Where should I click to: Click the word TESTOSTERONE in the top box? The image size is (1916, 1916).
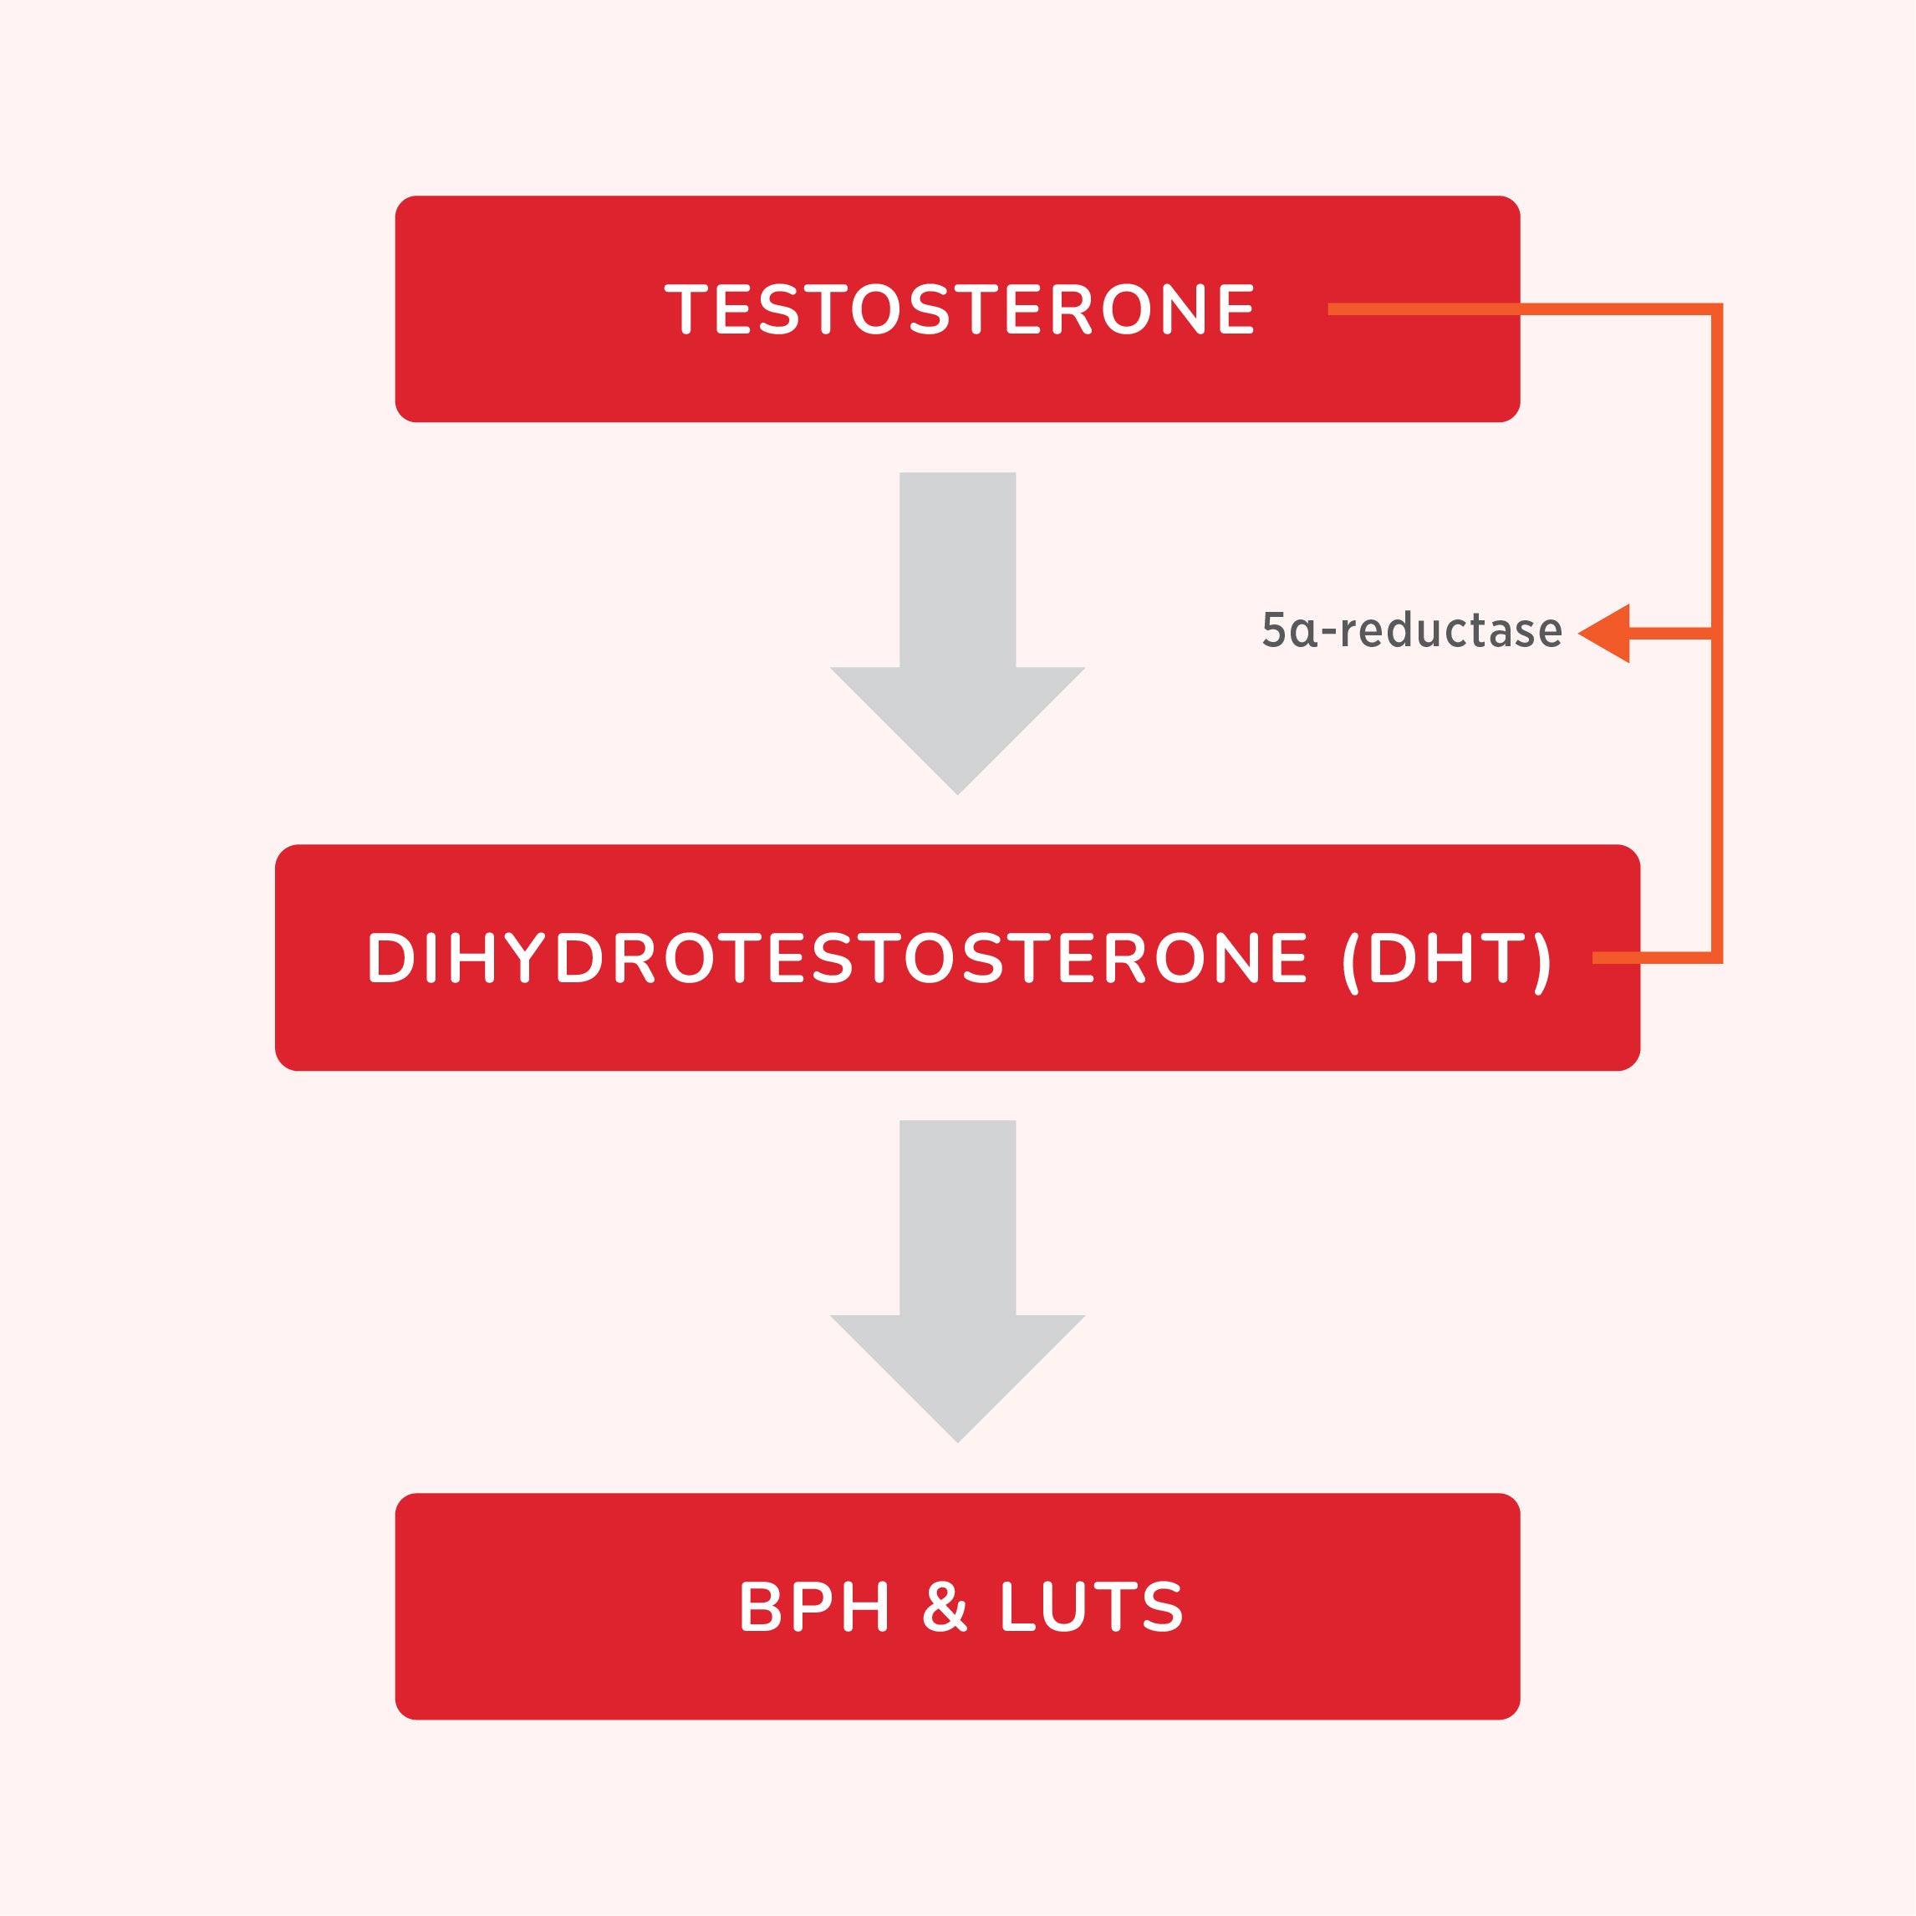click(959, 309)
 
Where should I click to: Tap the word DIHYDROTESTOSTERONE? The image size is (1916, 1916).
click(838, 958)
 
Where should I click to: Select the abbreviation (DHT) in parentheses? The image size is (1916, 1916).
click(1447, 962)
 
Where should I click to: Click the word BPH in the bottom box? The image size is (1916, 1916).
click(814, 1607)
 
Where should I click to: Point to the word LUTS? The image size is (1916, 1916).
click(1092, 1607)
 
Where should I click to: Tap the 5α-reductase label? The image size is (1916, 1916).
click(1412, 629)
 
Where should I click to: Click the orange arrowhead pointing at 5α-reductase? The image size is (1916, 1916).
click(1603, 633)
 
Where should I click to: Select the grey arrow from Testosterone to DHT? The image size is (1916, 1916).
click(958, 633)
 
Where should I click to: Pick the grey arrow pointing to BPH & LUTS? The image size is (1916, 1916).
click(958, 1282)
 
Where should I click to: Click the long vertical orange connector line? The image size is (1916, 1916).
click(1717, 633)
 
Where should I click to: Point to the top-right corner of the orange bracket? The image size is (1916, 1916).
click(1721, 304)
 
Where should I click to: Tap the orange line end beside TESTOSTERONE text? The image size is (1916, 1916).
click(1330, 309)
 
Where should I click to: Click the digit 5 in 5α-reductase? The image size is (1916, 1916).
click(1274, 629)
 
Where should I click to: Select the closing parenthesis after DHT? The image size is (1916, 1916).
click(1542, 963)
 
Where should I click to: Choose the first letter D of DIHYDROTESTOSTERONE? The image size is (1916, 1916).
click(390, 958)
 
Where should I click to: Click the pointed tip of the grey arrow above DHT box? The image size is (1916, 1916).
click(958, 794)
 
